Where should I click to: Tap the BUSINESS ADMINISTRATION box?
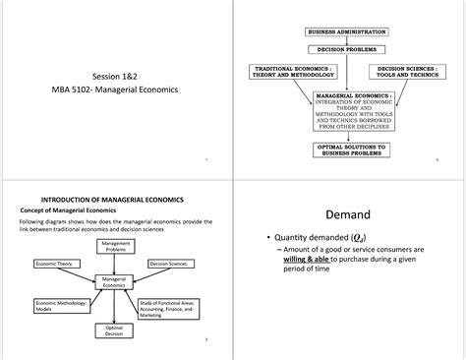(348, 32)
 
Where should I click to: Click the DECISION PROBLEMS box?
(348, 49)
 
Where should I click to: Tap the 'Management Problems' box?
(116, 247)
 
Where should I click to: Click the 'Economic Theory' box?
(58, 264)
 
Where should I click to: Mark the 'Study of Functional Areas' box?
(172, 309)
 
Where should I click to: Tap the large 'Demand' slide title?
(348, 215)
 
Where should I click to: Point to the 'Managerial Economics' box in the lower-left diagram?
(115, 283)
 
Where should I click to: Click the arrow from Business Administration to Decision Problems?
(348, 40)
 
